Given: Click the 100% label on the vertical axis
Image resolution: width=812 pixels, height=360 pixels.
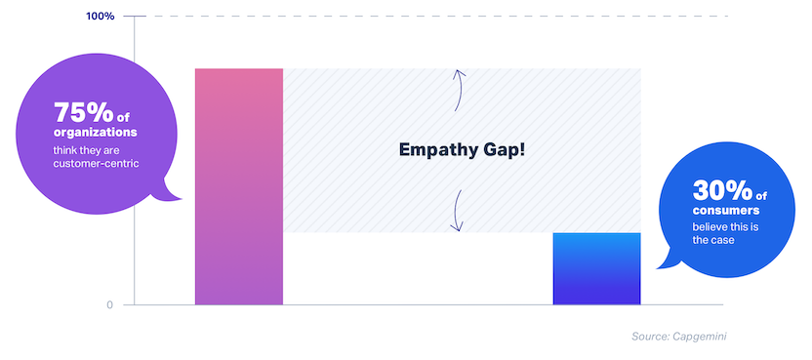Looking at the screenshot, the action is pos(100,16).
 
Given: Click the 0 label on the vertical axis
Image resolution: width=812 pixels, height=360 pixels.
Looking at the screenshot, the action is pos(109,305).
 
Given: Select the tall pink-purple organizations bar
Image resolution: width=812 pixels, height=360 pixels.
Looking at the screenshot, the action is pos(239,186).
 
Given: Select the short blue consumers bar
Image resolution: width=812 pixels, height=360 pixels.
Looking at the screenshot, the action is pos(596,269).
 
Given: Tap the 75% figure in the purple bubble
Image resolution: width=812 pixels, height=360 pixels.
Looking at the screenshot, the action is pos(82,113).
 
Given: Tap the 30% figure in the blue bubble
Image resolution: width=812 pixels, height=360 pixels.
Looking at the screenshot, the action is pos(721,191).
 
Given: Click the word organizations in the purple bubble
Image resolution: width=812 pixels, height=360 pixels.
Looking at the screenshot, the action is pos(96,133).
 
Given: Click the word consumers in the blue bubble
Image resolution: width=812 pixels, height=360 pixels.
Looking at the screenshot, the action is pos(726,211).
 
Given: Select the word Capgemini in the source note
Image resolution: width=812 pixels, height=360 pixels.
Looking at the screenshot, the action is pos(700,337).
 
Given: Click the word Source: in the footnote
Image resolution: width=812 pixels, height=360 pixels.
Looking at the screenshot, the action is pos(650,337).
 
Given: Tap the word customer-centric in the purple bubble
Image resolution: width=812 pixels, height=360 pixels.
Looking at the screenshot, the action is pos(97,164).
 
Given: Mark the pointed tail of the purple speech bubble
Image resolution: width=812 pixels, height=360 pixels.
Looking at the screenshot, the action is pos(181,198).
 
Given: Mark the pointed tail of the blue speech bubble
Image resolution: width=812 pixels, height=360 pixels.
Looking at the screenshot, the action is pos(658,268).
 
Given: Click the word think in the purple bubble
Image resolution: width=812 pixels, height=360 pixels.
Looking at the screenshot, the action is pos(65,151).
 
